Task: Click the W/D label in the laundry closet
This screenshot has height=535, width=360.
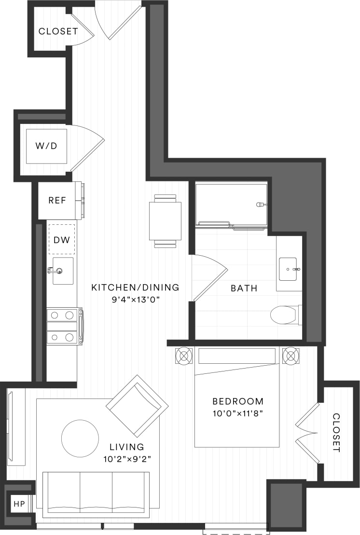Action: coord(46,146)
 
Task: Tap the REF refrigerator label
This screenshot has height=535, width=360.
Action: coord(57,200)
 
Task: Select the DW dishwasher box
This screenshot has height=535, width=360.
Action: coord(61,239)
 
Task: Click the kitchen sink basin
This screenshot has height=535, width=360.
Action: coord(63,271)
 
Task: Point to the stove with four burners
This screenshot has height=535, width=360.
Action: coord(63,326)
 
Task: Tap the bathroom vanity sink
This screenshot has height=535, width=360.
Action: coord(288,269)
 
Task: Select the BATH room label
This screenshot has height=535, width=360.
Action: coord(244,288)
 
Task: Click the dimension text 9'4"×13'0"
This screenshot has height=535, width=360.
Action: coord(135,299)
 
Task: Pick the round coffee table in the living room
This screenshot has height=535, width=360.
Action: coord(80,438)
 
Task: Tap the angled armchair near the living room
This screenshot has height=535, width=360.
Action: coord(137,404)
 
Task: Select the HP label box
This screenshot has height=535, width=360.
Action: coord(19,504)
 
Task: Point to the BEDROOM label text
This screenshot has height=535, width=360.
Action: coord(238,401)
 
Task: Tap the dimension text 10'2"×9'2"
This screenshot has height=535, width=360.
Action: coord(126,459)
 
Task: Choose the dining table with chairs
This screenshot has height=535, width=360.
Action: coord(165,221)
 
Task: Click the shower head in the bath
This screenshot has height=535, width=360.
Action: coord(261,205)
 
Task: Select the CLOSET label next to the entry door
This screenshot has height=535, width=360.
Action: coord(58,31)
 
